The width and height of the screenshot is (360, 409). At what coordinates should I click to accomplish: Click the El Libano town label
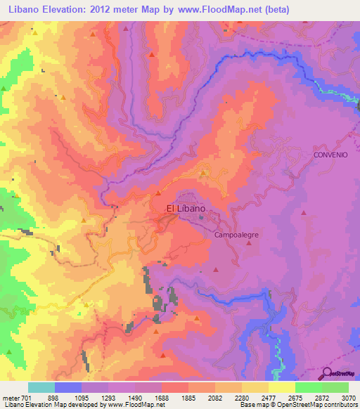(186, 209)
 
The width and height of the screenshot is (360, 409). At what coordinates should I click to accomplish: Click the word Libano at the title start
(27, 9)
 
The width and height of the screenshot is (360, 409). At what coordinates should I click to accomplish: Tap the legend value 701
(25, 398)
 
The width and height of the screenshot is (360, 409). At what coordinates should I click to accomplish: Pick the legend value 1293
(107, 398)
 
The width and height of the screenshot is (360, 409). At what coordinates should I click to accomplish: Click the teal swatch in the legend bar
(41, 387)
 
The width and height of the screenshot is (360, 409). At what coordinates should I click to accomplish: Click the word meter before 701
(8, 398)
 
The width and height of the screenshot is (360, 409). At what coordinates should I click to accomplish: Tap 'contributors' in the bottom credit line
(342, 405)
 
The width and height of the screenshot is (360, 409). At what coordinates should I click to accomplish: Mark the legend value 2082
(215, 398)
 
